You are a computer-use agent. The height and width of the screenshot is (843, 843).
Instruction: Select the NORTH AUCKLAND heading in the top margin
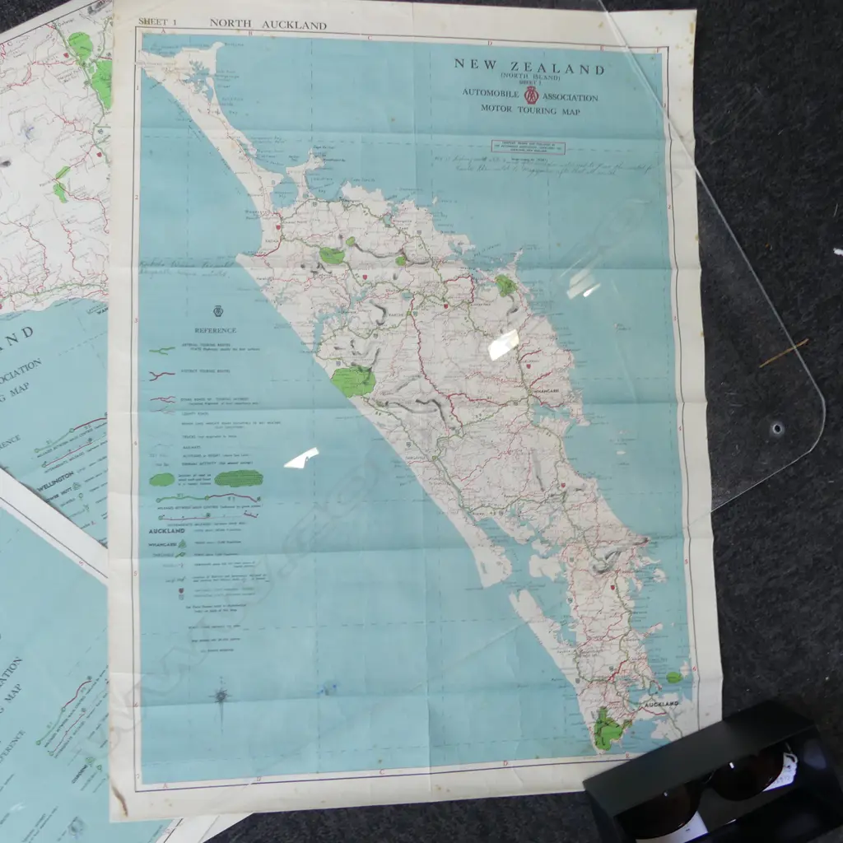point(268,25)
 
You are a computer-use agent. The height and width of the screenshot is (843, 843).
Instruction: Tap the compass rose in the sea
point(221,696)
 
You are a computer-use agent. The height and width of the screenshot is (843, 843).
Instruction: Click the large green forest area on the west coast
point(354,381)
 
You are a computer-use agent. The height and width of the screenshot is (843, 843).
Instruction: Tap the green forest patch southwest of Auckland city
point(608,729)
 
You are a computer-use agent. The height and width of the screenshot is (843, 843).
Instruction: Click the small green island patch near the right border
point(674,677)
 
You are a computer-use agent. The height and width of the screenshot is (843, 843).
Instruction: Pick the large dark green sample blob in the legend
point(239,478)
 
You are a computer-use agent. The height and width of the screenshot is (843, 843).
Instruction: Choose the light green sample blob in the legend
point(162,479)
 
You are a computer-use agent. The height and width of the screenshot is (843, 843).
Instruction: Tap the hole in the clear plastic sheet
point(776,428)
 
